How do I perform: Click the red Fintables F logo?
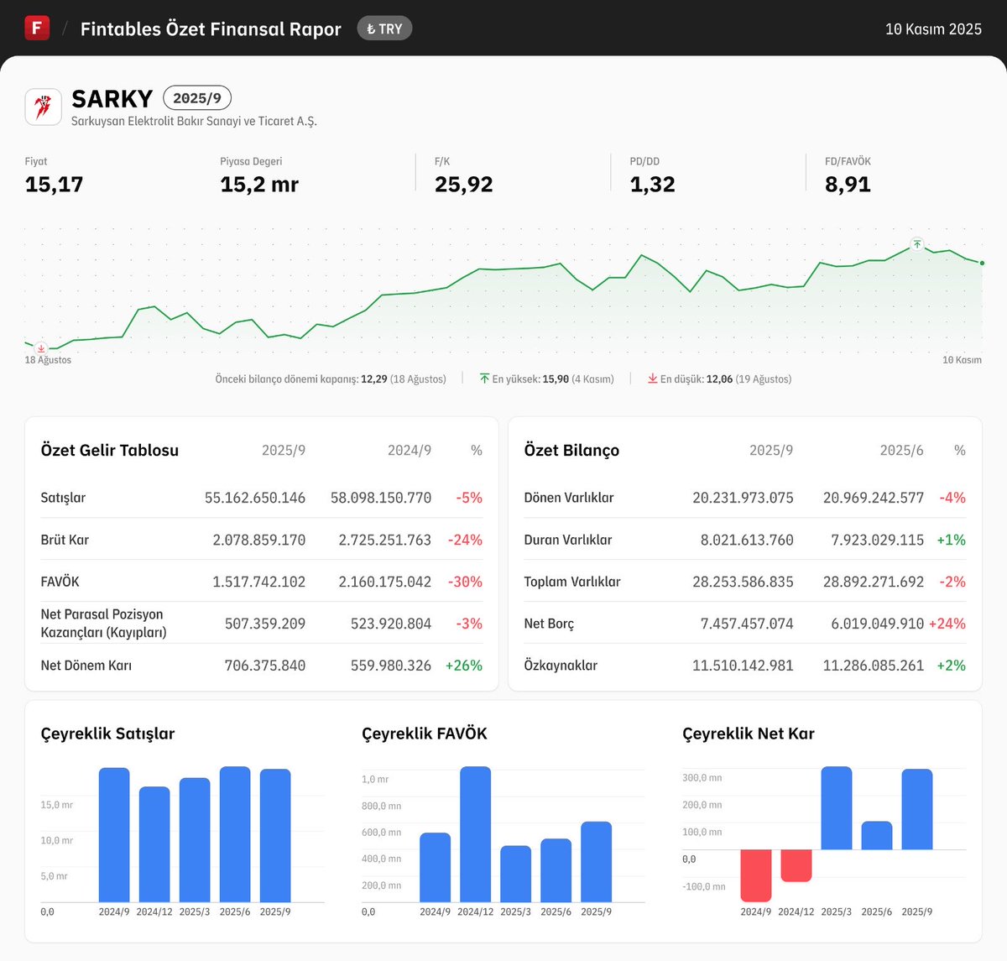pos(37,28)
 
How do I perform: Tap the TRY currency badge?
pos(384,29)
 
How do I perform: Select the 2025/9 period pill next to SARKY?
pos(197,98)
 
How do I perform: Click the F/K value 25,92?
pos(463,185)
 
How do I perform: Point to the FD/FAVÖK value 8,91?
pos(848,185)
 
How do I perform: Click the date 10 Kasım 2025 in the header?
pos(933,29)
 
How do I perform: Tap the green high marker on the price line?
pos(917,244)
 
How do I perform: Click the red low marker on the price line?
pos(41,348)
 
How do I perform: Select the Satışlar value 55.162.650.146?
pos(255,498)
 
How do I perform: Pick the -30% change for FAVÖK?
pos(465,582)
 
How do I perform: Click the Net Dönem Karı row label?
pos(86,666)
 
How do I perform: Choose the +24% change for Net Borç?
pos(947,624)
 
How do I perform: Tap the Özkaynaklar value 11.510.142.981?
pos(743,666)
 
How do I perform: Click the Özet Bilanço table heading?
pos(571,451)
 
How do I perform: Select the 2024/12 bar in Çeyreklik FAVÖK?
pos(475,834)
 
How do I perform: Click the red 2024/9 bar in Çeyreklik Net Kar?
pos(755,875)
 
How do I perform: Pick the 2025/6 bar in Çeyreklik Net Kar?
pos(876,836)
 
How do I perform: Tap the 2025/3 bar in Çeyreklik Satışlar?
pos(195,839)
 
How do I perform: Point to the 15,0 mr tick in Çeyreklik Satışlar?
pos(56,805)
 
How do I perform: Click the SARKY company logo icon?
pos(43,107)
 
